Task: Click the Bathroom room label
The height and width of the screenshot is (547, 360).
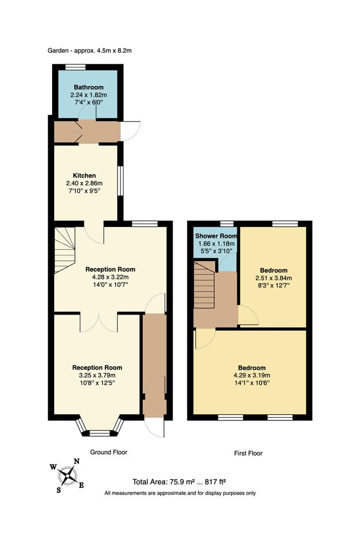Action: pos(89,87)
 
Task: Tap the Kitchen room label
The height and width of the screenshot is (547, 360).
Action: pos(84,176)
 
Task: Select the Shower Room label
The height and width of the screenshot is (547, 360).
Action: pos(216,236)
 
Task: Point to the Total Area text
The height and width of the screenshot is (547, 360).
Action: pos(182,482)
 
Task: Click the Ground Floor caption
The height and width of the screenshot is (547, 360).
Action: pos(108,452)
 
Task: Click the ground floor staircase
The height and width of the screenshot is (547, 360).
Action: pos(64,249)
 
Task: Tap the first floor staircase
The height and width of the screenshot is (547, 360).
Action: pos(205,286)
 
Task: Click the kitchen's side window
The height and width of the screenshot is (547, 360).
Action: pos(120,181)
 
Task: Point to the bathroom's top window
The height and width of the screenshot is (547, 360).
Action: pos(75,67)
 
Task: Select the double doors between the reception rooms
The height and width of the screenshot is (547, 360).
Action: pos(99,322)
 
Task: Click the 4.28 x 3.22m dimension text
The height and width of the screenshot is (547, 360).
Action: pos(110,277)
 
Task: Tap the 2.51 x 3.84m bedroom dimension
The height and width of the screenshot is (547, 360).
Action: pos(273,278)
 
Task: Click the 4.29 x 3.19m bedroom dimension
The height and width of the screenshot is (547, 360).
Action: pos(252,375)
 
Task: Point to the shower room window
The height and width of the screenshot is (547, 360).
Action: pos(227,223)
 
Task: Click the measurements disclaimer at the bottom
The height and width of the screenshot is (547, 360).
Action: pos(180,493)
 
